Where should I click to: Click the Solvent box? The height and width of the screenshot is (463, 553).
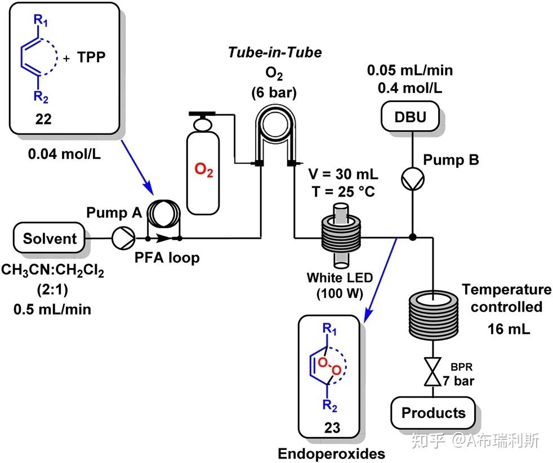click(50, 238)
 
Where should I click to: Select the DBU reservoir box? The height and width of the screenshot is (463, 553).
click(411, 118)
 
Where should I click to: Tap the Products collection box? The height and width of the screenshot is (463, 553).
click(433, 413)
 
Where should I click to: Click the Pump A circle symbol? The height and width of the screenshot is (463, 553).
click(120, 238)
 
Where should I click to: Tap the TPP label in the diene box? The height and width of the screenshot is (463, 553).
click(92, 57)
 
